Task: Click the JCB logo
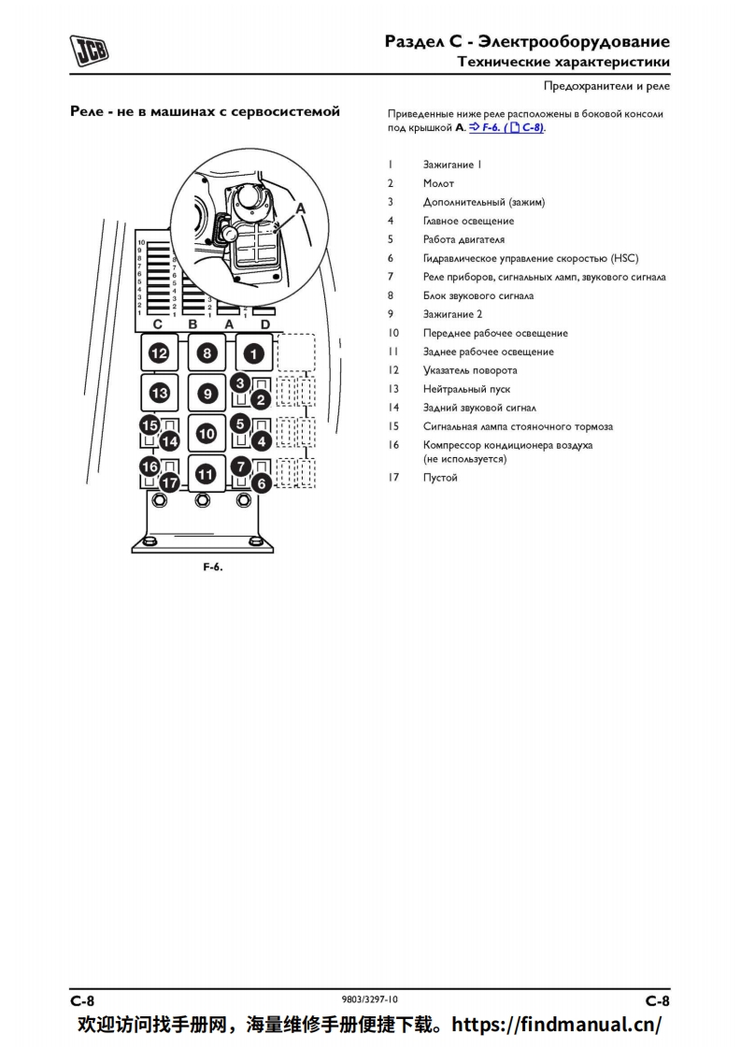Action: click(89, 50)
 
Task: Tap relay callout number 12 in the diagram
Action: click(159, 353)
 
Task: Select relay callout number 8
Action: click(207, 353)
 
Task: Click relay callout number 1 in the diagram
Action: click(253, 353)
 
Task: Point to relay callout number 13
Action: click(159, 393)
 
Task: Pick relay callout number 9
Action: click(207, 394)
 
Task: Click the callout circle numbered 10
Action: click(207, 434)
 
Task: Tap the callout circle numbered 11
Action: click(207, 474)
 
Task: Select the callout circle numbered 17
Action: click(169, 482)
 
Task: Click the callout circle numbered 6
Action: click(263, 482)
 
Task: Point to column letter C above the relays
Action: click(158, 323)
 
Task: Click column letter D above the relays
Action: click(264, 323)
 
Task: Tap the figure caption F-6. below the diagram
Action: click(213, 568)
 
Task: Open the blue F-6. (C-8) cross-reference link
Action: click(506, 127)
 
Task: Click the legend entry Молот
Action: click(438, 183)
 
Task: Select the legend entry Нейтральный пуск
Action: click(463, 389)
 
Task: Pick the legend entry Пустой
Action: click(440, 478)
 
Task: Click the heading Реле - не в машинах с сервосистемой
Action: click(205, 112)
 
